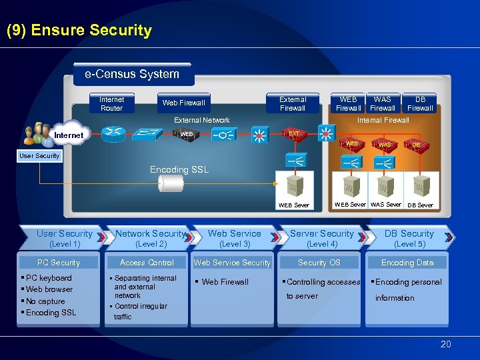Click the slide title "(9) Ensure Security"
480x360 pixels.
point(79,31)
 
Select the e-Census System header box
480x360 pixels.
point(132,74)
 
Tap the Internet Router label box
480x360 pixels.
point(111,103)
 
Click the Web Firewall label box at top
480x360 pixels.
point(184,103)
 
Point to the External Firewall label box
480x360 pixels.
point(293,103)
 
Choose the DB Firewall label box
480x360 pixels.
point(420,103)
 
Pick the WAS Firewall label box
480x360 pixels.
point(383,103)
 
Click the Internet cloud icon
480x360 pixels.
point(69,135)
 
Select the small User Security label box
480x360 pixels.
point(39,156)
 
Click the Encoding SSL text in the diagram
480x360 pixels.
point(179,170)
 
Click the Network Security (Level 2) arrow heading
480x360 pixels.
point(151,238)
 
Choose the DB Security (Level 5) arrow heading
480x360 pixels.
point(409,238)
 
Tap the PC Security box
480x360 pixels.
point(59,263)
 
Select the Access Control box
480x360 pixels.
point(147,263)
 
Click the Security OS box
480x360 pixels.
point(319,263)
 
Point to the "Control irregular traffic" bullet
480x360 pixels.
point(141,311)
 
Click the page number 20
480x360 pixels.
point(445,344)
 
